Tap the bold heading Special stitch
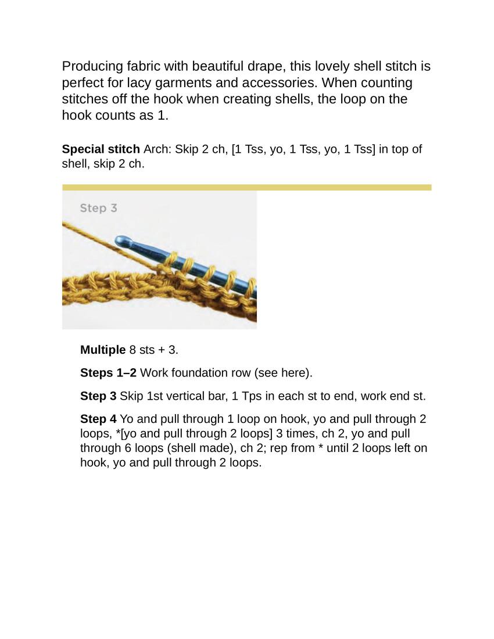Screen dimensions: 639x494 point(101,149)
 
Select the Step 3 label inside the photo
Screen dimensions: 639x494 point(98,208)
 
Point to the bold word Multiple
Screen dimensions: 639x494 point(103,350)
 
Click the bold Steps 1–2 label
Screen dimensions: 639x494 point(108,373)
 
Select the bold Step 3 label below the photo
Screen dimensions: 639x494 point(98,396)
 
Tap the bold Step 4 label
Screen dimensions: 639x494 point(98,419)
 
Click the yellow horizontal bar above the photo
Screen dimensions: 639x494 point(246,188)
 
